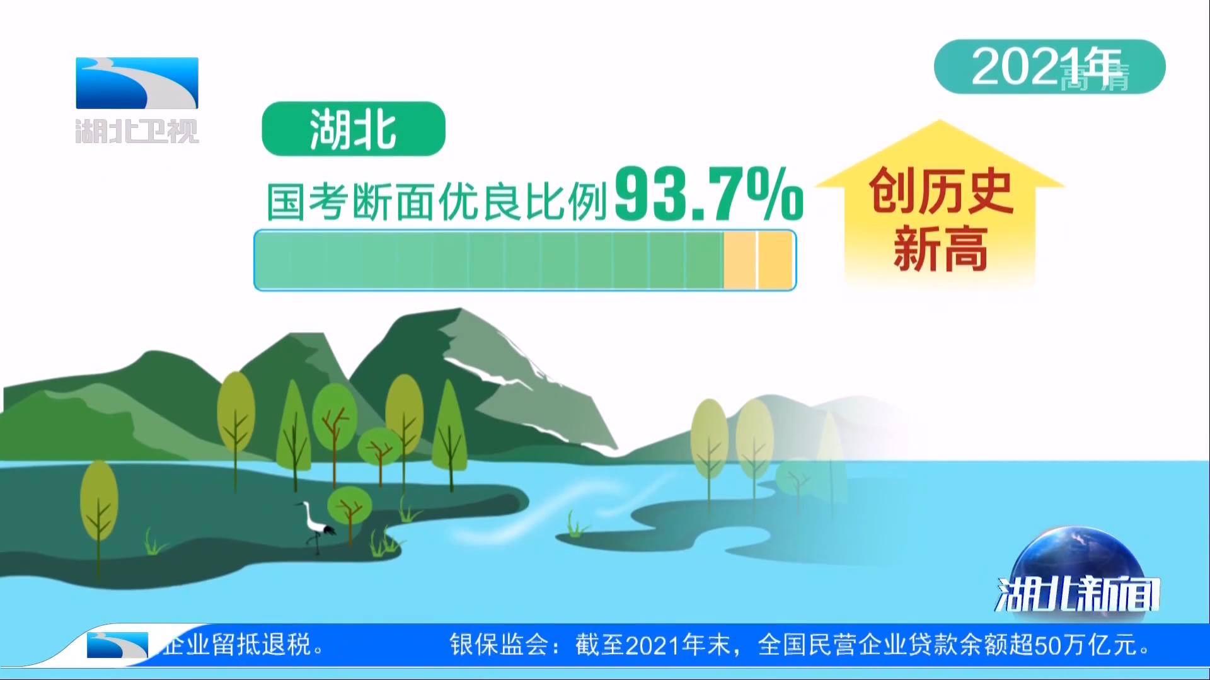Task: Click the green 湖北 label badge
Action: [354, 129]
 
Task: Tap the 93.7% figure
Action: [709, 194]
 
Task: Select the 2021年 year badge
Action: [1049, 67]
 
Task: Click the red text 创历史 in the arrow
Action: [940, 190]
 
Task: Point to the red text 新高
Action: [940, 249]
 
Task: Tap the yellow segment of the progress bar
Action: [758, 260]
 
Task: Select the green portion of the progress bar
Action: [490, 260]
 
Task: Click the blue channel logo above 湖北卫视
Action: [137, 83]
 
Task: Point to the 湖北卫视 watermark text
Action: [137, 131]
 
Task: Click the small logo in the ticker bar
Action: [118, 645]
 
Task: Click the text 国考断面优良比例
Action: [436, 202]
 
